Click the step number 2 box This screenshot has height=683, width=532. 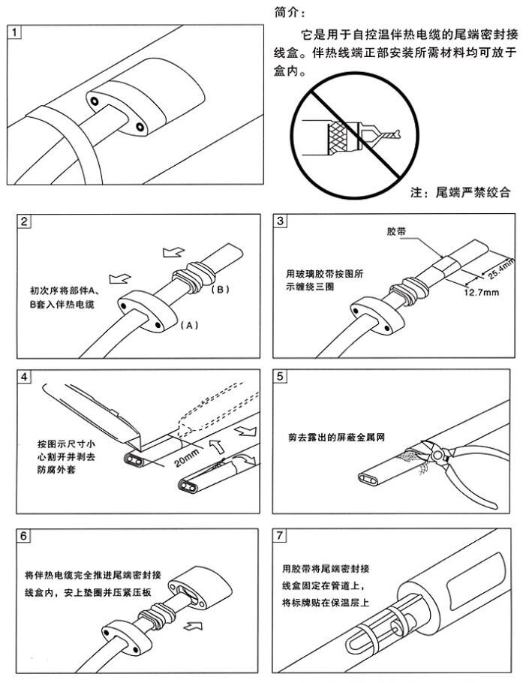coord(25,221)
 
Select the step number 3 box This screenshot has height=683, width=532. coord(281,221)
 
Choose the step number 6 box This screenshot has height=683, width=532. coord(25,537)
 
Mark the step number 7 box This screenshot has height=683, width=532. coord(281,537)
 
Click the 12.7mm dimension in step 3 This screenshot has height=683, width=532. coord(481,292)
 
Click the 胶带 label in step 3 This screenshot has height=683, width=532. coord(396,233)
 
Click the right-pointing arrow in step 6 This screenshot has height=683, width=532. coord(192,622)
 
